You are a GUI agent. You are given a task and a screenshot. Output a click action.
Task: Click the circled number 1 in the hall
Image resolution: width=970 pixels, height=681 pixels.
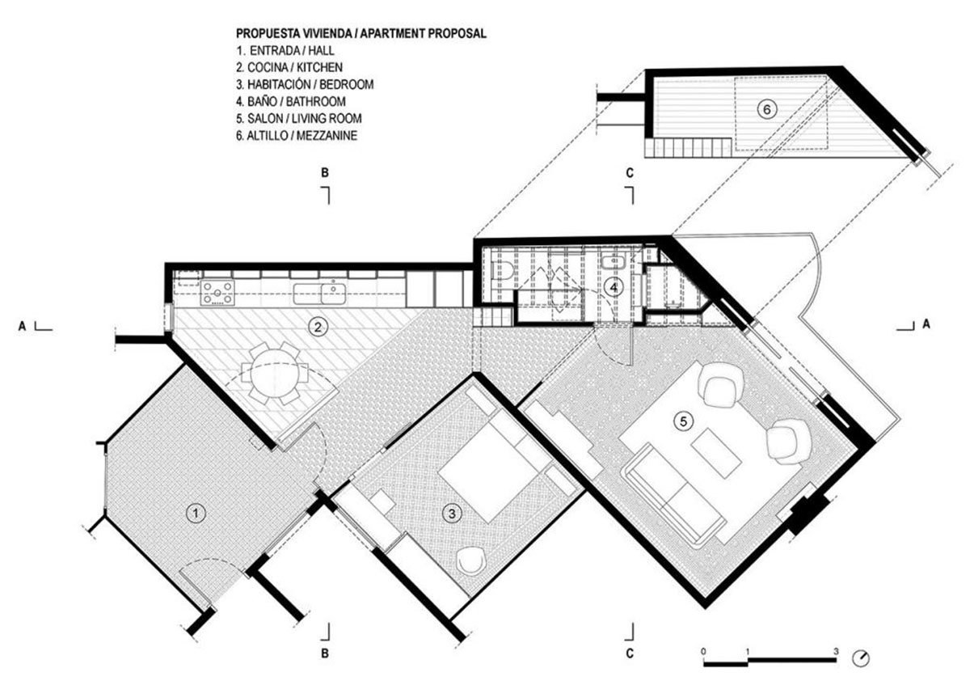(196, 514)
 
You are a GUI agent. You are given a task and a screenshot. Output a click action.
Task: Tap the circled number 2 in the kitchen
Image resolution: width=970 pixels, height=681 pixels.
(318, 327)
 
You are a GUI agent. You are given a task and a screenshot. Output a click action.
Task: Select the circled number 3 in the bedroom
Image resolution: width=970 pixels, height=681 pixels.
(452, 514)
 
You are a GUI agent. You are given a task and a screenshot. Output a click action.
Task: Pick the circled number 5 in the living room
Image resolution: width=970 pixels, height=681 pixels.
(683, 421)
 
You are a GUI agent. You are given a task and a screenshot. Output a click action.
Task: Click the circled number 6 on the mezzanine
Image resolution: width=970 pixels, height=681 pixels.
(767, 110)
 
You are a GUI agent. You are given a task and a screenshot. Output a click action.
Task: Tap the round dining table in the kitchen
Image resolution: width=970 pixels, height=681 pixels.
(275, 373)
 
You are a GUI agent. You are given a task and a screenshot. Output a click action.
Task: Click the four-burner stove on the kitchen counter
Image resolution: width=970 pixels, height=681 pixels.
(217, 293)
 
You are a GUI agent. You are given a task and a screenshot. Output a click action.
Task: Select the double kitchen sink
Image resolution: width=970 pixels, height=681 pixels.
(319, 294)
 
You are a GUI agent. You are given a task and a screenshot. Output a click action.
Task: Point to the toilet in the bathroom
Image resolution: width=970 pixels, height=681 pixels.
(504, 271)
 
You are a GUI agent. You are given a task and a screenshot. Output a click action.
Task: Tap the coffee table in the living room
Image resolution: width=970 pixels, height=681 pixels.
(716, 452)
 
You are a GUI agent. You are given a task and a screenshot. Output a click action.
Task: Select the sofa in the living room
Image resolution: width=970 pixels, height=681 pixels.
(674, 495)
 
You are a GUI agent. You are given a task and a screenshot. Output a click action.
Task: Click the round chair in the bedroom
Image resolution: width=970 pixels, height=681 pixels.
(471, 560)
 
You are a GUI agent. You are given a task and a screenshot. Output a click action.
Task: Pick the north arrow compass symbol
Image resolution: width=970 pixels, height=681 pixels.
(860, 658)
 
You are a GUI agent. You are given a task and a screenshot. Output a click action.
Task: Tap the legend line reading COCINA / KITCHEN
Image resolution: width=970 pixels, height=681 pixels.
(289, 68)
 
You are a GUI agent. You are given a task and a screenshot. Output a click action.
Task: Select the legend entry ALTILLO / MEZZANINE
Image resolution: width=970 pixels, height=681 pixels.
(297, 136)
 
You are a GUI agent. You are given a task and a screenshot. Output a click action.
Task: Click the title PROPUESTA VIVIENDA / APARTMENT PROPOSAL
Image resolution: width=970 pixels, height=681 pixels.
(361, 33)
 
